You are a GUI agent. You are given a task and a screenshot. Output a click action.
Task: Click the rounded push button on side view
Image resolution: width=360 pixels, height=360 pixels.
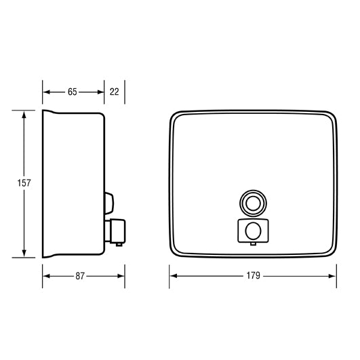click(109, 201)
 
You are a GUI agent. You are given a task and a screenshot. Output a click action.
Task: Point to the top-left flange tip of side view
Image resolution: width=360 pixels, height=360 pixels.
click(43, 111)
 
